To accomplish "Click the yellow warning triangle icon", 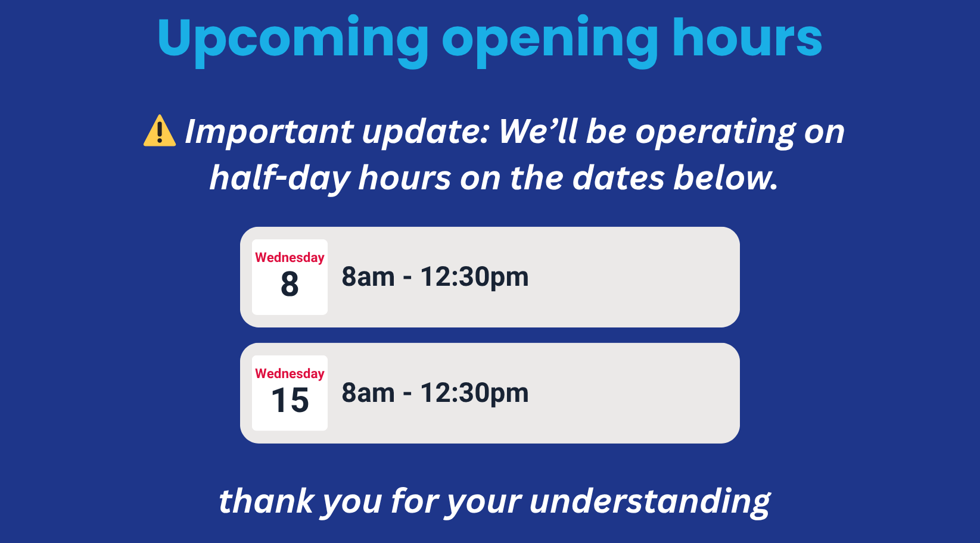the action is coord(160,130).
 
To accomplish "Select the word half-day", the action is coord(279,179).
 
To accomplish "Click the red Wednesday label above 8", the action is coord(290,258).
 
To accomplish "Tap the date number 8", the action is coord(290,284).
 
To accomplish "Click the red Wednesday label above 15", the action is coord(290,374).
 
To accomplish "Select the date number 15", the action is coord(290,400).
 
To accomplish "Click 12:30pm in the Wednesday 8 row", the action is coord(474,277).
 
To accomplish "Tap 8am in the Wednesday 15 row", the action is coord(368,392).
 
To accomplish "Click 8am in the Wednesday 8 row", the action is coord(368,277).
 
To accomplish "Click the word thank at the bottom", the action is coord(266,501).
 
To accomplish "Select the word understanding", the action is coord(650,503).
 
